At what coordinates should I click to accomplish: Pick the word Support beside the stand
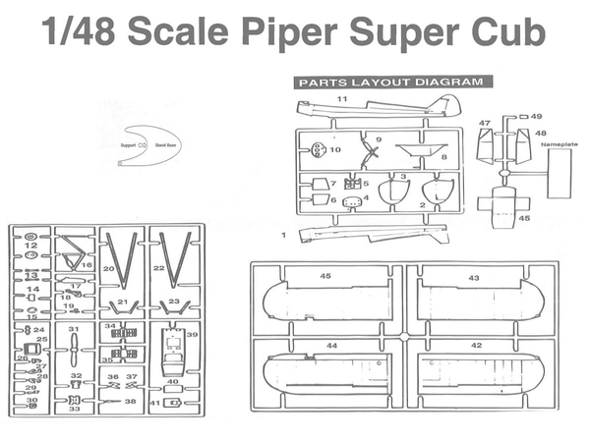[x=128, y=144]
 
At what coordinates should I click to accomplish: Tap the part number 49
[x=536, y=117]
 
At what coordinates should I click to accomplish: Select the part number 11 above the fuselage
[x=343, y=99]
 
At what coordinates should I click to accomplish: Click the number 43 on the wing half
[x=474, y=278]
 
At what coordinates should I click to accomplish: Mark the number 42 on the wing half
[x=476, y=345]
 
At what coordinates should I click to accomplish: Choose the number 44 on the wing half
[x=331, y=346]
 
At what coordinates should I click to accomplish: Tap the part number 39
[x=192, y=335]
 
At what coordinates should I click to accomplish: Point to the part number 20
[x=109, y=267]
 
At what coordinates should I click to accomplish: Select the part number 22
[x=158, y=267]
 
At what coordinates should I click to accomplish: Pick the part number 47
[x=484, y=123]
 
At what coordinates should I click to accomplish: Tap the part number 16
[x=87, y=265]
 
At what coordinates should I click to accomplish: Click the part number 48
[x=540, y=133]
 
